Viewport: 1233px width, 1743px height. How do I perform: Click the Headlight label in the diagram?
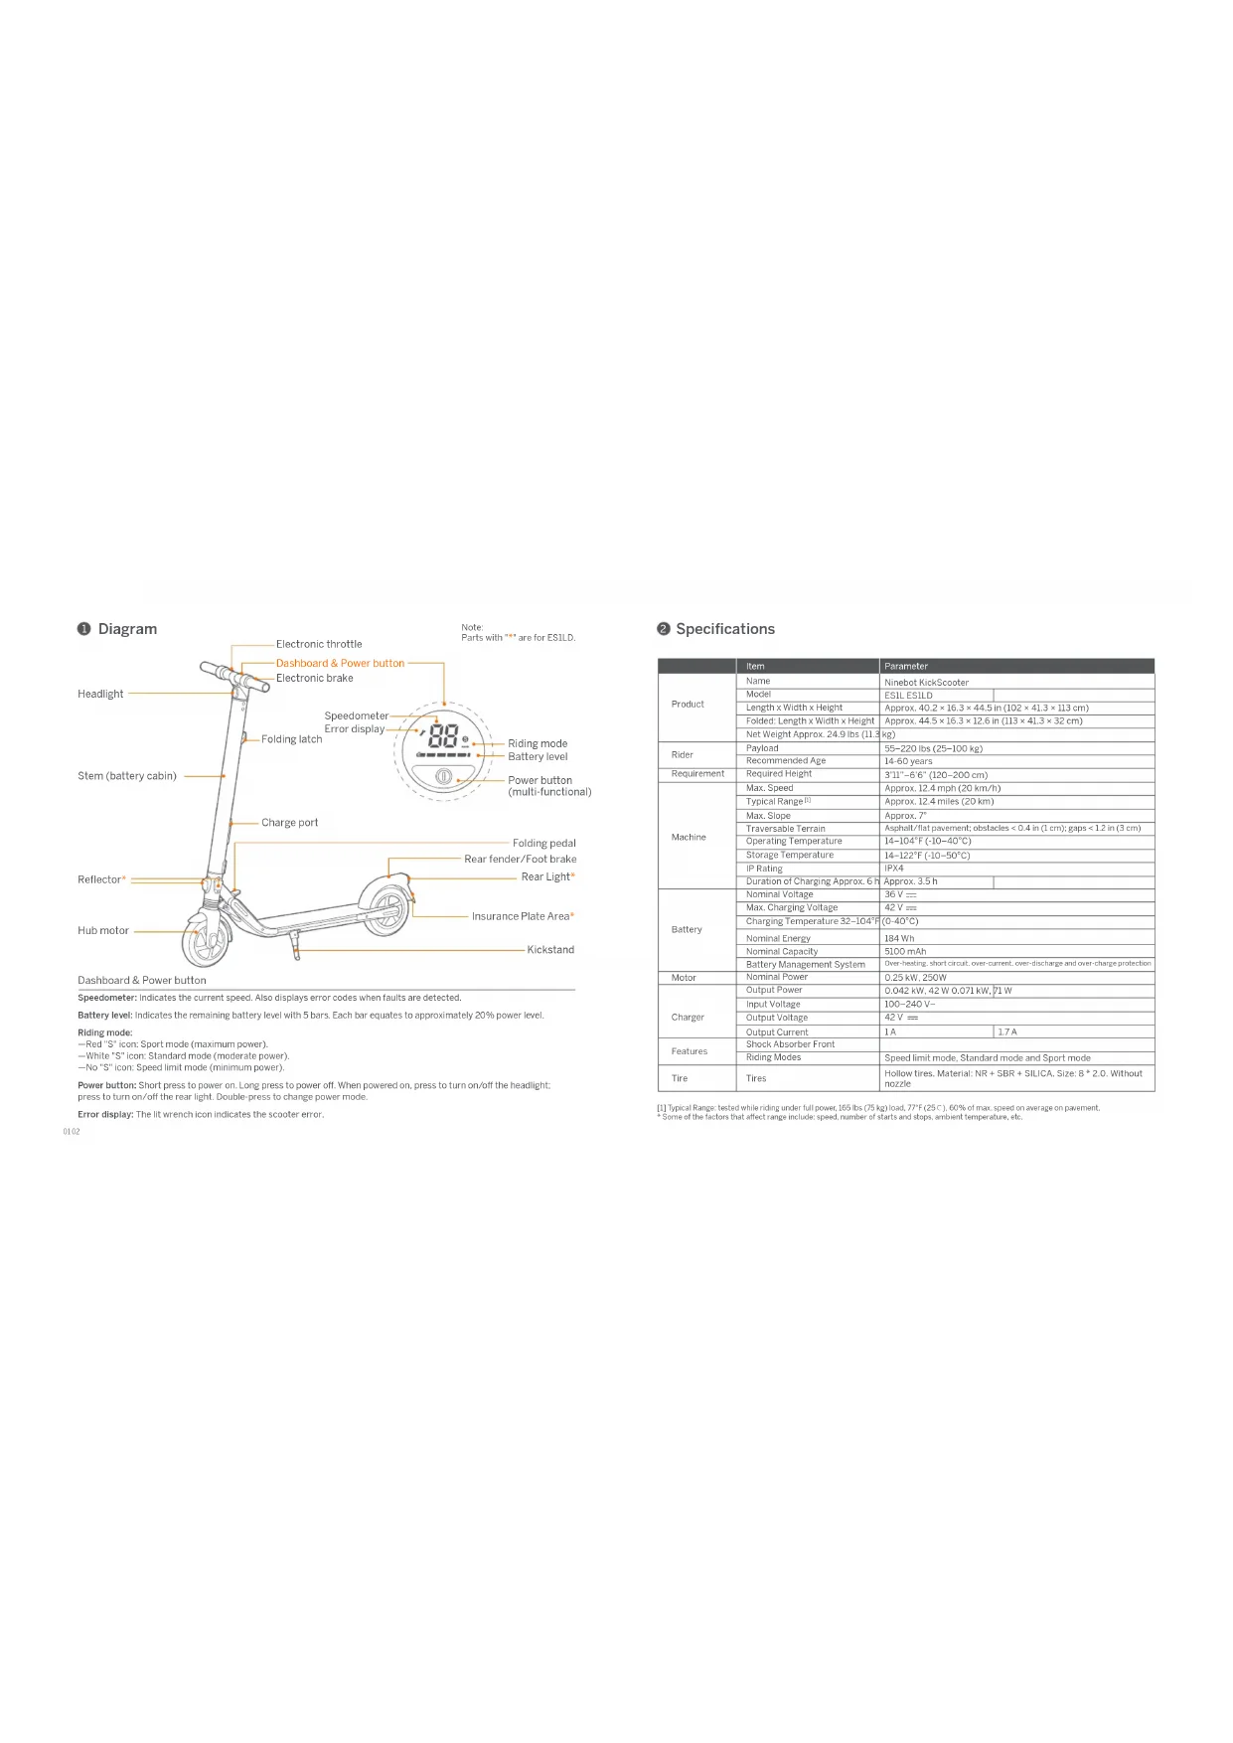click(x=100, y=694)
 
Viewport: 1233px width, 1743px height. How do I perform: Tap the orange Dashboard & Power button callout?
click(x=340, y=663)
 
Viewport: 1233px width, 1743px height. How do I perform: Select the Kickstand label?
click(x=550, y=950)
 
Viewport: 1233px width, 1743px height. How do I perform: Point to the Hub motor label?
click(x=103, y=931)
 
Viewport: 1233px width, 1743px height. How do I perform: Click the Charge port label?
click(x=289, y=823)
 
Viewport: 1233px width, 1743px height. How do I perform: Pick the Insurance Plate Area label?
click(x=521, y=916)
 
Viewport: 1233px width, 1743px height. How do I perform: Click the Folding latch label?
click(x=291, y=739)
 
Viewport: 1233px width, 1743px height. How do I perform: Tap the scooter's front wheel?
click(x=207, y=940)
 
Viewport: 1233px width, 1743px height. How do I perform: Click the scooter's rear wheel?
click(x=385, y=907)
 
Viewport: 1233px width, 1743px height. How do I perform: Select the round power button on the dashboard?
click(x=444, y=776)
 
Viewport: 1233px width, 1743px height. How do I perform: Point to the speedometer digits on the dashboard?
click(x=443, y=737)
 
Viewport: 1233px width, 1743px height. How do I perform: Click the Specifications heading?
click(x=724, y=629)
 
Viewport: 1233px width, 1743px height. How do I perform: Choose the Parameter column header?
click(x=906, y=666)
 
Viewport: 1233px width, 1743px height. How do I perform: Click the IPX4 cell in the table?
click(x=894, y=869)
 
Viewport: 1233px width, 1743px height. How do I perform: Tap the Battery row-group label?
click(x=687, y=930)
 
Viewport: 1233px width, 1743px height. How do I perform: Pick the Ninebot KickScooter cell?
click(x=926, y=683)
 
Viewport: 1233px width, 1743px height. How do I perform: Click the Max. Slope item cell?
click(x=768, y=816)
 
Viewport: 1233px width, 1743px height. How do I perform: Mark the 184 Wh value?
click(x=899, y=938)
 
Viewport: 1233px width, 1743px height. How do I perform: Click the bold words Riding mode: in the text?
click(x=105, y=1032)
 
